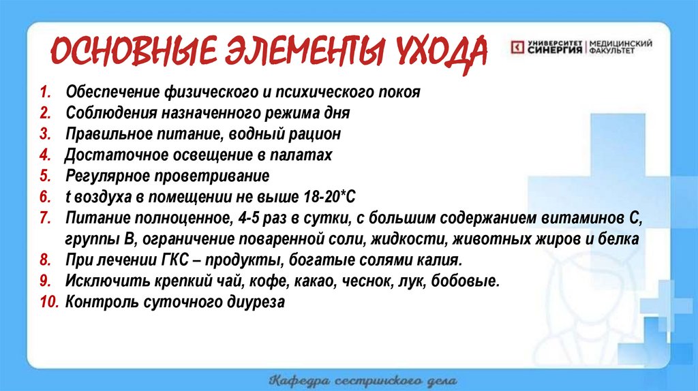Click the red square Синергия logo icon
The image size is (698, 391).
(x=517, y=47)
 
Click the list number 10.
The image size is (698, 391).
(x=49, y=302)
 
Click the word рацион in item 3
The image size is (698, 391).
(x=314, y=134)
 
